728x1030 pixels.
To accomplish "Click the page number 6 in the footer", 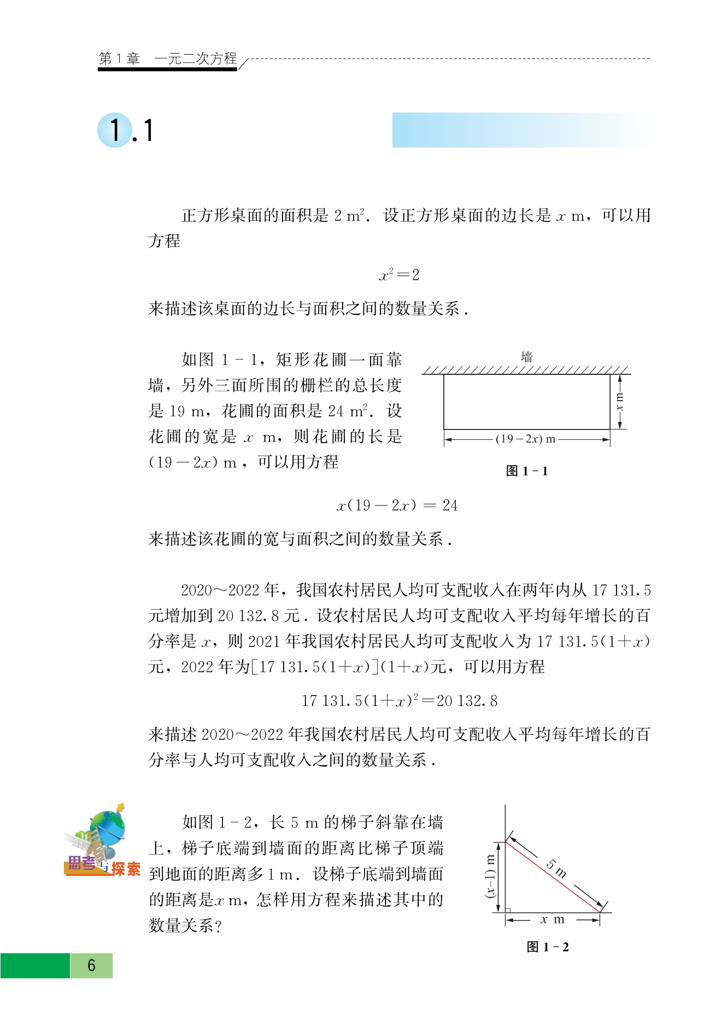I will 91,966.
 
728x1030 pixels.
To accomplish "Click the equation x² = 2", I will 399,275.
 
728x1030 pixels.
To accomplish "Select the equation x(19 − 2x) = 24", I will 397,505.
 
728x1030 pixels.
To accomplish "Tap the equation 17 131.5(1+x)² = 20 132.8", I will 400,701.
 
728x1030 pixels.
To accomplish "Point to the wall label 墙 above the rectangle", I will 526,357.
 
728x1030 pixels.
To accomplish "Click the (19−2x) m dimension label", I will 525,439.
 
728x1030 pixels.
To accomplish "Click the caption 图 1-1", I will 526,471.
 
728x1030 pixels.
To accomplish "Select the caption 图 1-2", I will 548,947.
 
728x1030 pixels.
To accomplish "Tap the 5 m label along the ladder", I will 557,868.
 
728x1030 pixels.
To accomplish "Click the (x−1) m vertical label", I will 490,876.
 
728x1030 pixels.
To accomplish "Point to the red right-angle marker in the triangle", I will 508,910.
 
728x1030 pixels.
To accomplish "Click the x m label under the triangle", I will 553,920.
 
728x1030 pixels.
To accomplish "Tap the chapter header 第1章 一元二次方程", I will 167,58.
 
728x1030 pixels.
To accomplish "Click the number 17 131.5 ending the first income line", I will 621,590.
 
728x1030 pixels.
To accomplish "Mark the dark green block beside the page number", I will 35,966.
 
